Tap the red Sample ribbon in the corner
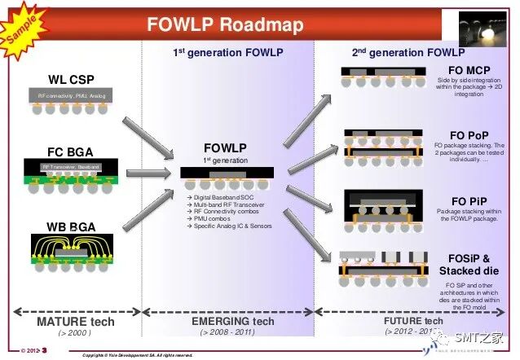(22, 25)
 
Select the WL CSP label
(72, 80)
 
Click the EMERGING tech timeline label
(227, 322)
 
